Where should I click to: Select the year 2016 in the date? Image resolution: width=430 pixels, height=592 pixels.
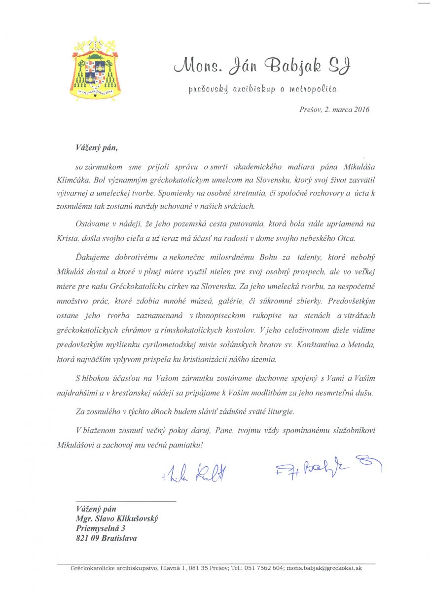click(x=359, y=110)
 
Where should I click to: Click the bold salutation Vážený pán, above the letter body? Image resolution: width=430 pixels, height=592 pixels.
click(x=97, y=147)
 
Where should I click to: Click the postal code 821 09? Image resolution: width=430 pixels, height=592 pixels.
click(x=89, y=538)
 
